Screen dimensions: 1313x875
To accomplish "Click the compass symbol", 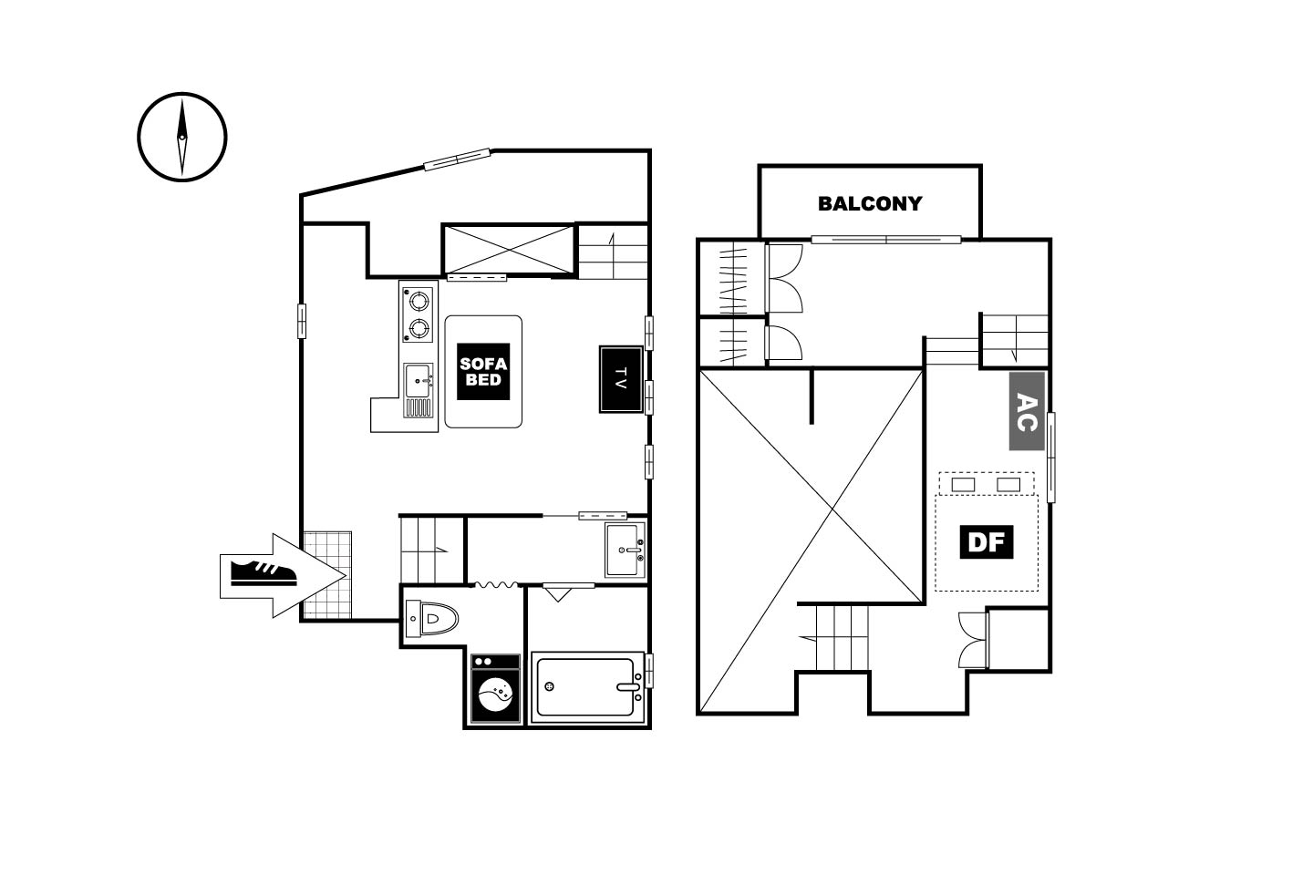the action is click(181, 137).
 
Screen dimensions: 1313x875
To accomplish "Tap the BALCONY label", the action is click(870, 203).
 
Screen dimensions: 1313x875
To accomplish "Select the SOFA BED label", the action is click(483, 372).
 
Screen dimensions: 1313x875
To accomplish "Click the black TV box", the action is click(621, 379).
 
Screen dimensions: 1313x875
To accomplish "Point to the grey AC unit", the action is click(1027, 411).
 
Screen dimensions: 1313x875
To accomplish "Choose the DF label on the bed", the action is click(986, 541).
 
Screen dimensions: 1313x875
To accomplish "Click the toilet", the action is click(432, 618).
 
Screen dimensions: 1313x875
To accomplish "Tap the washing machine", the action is click(495, 689).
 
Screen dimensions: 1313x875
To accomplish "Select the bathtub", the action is click(588, 687).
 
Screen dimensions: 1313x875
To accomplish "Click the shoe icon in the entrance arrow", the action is click(264, 573).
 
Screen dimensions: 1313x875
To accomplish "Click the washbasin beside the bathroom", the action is click(625, 550).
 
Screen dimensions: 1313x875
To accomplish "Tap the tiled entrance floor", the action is click(327, 574).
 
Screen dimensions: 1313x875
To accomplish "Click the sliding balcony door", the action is click(885, 239).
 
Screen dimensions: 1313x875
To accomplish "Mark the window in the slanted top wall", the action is click(457, 160).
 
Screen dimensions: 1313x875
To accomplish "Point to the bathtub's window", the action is click(649, 671).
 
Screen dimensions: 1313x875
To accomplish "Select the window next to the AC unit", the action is click(1051, 458).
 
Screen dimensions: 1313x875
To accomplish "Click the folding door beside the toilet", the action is click(496, 584).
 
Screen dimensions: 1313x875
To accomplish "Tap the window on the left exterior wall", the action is click(302, 321).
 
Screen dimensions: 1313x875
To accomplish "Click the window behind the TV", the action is click(649, 397).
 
